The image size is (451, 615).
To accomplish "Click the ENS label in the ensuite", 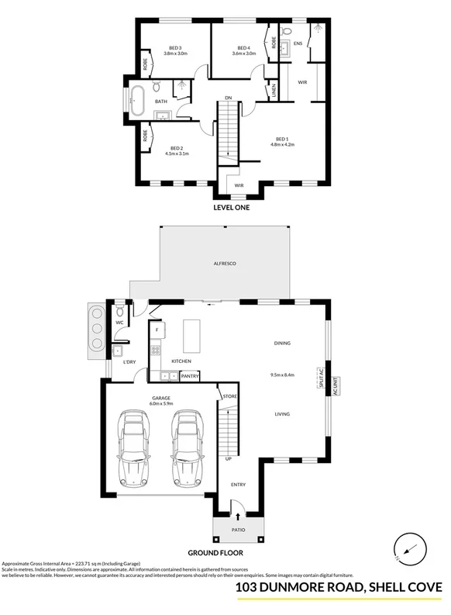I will point(298,44).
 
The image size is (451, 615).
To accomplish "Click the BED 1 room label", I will point(282,139).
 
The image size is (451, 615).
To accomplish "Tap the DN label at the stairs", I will point(228,98).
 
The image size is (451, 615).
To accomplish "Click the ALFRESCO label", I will point(225,264).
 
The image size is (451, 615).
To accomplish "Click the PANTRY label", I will point(190,376).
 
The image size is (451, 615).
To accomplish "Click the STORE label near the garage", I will point(229,396).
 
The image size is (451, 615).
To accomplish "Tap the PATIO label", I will point(239,530).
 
